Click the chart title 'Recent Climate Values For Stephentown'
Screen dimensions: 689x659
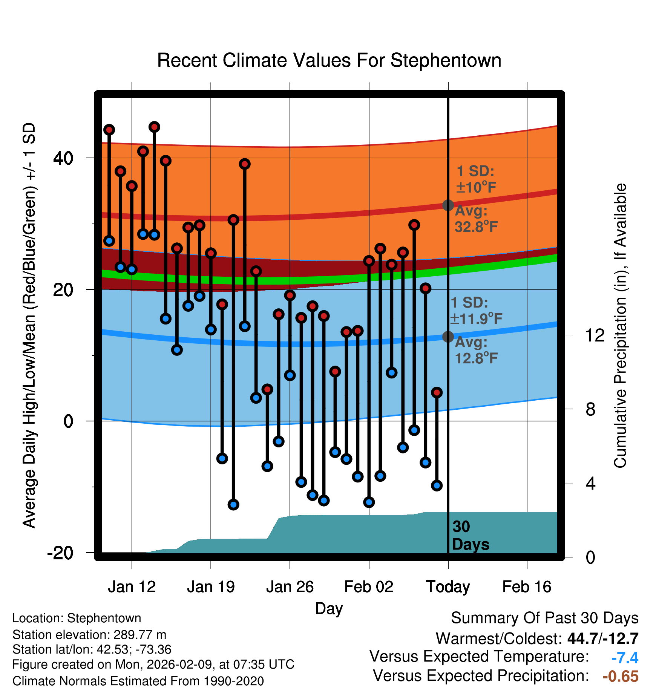click(329, 61)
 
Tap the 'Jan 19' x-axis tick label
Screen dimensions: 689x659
click(211, 587)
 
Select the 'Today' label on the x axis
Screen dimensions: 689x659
click(448, 587)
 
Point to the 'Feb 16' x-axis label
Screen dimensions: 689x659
click(527, 587)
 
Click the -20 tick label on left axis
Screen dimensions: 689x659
click(60, 553)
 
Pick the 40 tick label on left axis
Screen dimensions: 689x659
click(63, 158)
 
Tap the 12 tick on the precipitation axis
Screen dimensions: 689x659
click(595, 335)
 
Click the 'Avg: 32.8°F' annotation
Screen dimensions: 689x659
click(476, 219)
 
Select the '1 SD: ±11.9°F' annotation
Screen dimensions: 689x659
click(476, 311)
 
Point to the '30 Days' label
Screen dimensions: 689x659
click(470, 536)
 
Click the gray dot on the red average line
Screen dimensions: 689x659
click(448, 205)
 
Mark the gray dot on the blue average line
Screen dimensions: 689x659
click(448, 337)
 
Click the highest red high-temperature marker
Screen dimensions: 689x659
click(154, 127)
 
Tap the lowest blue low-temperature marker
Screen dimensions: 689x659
click(233, 505)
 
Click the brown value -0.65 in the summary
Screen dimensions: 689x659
click(621, 676)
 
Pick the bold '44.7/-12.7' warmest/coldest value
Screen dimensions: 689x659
click(603, 638)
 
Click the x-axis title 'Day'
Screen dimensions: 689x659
click(329, 608)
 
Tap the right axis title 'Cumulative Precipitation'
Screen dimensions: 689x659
click(620, 326)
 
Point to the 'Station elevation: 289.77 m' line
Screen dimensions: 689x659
click(89, 635)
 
